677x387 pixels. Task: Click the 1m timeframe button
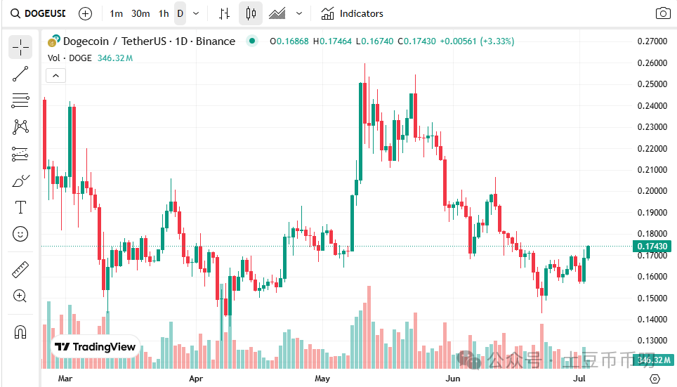(x=117, y=13)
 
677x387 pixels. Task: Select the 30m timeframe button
(x=140, y=13)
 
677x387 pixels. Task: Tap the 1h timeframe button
(x=164, y=13)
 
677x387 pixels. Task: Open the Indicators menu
(x=353, y=13)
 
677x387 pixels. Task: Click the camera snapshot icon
(x=662, y=13)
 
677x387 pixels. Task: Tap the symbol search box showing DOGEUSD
(x=39, y=13)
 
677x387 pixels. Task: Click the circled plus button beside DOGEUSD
(x=85, y=13)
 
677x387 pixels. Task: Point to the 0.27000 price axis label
(x=652, y=41)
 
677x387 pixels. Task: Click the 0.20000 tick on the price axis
(x=652, y=191)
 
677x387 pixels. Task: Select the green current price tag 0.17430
(x=652, y=247)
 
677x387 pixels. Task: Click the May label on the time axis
(x=322, y=379)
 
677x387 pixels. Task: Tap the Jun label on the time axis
(x=454, y=379)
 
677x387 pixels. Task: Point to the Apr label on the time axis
(x=197, y=379)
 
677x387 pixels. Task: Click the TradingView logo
(x=96, y=347)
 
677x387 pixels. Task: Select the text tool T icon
(x=20, y=207)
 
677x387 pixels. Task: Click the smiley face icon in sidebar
(x=20, y=234)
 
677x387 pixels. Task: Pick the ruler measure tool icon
(x=20, y=270)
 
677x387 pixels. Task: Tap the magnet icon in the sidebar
(x=20, y=332)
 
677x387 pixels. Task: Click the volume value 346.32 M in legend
(x=116, y=58)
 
